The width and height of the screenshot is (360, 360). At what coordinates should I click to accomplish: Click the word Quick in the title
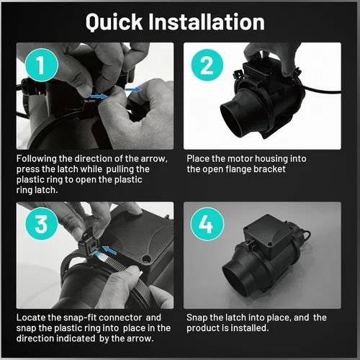tap(114, 22)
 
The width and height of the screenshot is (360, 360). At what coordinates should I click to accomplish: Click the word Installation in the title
tap(207, 22)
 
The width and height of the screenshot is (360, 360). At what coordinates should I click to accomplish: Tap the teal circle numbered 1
tap(42, 65)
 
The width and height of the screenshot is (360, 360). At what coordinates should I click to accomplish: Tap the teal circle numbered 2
tap(207, 65)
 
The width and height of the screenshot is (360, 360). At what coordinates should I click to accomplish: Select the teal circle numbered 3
tap(42, 224)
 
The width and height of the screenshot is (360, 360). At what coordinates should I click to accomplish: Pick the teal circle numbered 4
tap(207, 224)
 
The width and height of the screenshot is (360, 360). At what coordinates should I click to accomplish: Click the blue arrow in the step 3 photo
tap(109, 250)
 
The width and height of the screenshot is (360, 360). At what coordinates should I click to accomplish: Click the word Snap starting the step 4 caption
tap(197, 318)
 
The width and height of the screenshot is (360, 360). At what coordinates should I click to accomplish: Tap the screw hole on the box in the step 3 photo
tap(146, 259)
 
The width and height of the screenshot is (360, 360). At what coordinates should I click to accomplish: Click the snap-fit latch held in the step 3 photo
tap(89, 243)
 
